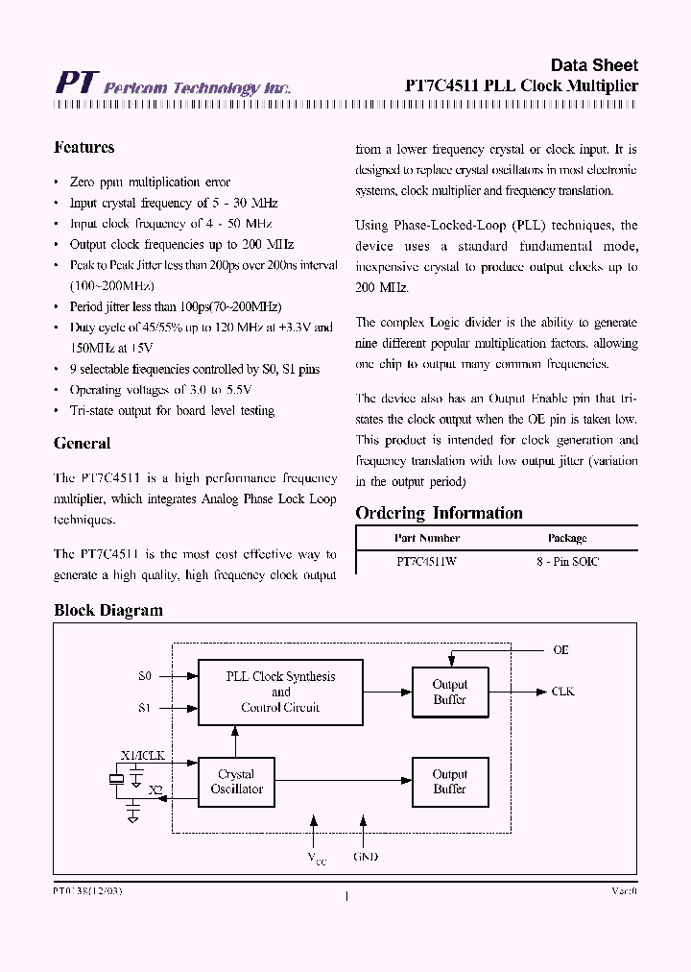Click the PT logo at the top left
point(75,83)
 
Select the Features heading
point(84,148)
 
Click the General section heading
point(83,444)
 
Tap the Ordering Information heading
point(439,513)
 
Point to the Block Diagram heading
point(108,610)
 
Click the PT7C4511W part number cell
point(426,562)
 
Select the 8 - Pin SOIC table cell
point(566,562)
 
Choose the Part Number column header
point(426,538)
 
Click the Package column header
point(567,538)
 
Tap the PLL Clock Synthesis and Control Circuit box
point(280,692)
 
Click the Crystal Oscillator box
point(236,781)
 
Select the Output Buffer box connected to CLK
point(449,692)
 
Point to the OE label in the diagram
point(560,650)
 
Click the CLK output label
point(562,692)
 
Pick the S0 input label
point(145,676)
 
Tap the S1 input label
point(145,708)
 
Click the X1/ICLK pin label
point(142,756)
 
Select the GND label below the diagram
point(365,856)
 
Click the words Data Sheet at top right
point(593,65)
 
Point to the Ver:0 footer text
point(624,891)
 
